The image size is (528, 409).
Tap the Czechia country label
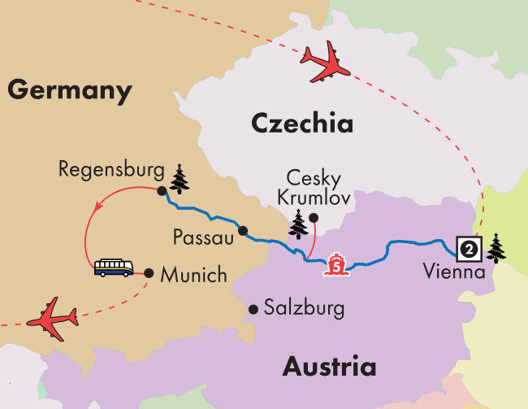pos(301,124)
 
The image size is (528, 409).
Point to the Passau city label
pos(203,237)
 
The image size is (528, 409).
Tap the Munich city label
pos(193,275)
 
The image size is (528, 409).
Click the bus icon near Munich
pos(114,268)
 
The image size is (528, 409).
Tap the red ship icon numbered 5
pos(335,266)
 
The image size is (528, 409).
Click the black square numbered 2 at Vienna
pos(468,246)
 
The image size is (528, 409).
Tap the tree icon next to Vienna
pos(495,247)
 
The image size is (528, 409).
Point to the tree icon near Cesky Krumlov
pos(299,223)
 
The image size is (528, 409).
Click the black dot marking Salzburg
pos(253,309)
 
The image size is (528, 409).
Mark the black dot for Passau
pos(241,230)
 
